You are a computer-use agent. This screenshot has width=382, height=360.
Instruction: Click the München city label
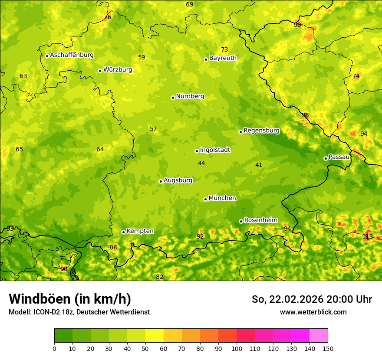[x=222, y=198]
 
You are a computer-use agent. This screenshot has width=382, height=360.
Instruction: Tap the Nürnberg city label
[x=190, y=96]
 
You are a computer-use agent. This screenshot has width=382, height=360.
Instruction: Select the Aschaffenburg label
[x=72, y=55]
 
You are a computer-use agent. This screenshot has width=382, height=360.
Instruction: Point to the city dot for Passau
[x=326, y=158]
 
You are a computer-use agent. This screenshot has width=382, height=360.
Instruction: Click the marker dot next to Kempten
[x=123, y=232]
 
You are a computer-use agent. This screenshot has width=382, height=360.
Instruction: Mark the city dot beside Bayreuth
[x=206, y=59]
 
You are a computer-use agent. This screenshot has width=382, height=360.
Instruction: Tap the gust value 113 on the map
[x=368, y=236]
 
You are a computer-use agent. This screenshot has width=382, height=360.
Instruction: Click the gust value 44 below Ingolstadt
[x=201, y=163]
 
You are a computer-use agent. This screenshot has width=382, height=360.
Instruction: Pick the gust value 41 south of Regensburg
[x=259, y=165]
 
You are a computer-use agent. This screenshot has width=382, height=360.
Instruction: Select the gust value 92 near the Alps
[x=200, y=236]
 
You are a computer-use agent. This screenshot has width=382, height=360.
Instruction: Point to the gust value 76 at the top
[x=108, y=17]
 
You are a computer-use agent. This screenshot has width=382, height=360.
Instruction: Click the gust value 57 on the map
[x=153, y=129]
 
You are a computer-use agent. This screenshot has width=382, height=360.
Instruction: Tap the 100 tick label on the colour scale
[x=237, y=348]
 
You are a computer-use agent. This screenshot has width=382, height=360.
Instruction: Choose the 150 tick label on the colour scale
[x=328, y=348]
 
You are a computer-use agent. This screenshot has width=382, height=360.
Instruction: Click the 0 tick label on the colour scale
[x=54, y=348]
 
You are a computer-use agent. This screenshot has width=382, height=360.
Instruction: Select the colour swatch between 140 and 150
[x=319, y=336]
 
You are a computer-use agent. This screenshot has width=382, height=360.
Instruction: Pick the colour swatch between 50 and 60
[x=155, y=336]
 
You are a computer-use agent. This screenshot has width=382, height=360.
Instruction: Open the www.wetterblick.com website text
[x=313, y=312]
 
